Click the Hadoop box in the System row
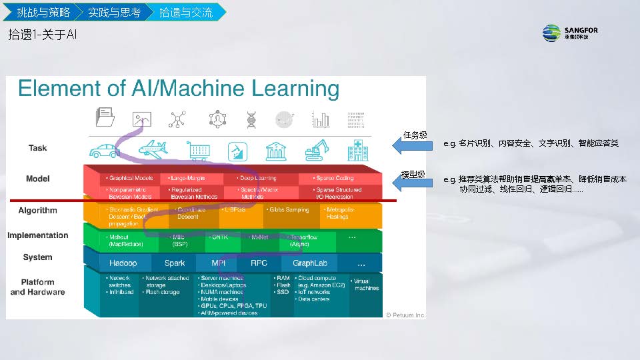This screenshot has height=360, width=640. [123, 263]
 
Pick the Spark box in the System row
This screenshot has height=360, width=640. [175, 263]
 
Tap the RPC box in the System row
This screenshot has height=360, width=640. [259, 263]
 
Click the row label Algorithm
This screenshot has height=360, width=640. [38, 211]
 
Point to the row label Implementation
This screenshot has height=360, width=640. [38, 235]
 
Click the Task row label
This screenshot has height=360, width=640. [38, 148]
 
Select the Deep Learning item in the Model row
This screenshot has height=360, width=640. [258, 179]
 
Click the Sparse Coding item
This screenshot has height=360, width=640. [335, 179]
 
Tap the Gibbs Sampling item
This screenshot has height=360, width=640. [289, 210]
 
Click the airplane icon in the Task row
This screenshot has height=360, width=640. [153, 149]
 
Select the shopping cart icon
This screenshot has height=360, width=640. [199, 151]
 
